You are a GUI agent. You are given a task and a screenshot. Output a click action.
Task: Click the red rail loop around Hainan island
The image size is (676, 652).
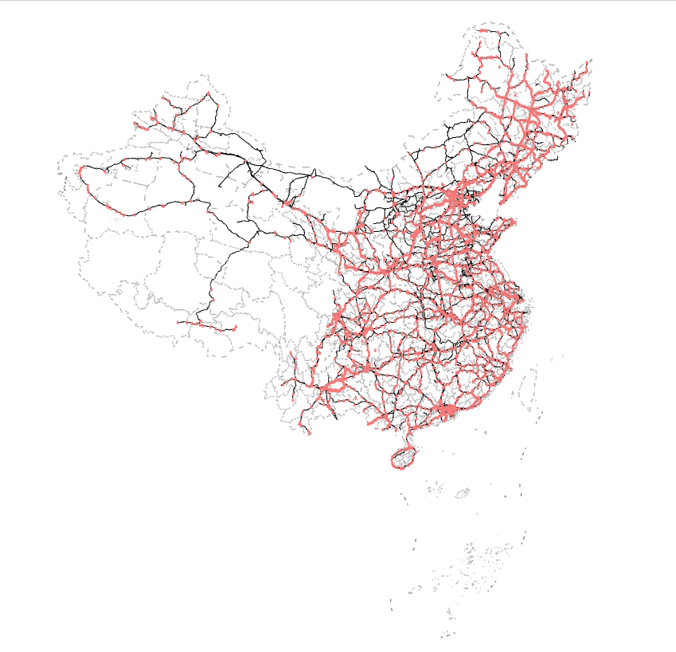[x=404, y=457]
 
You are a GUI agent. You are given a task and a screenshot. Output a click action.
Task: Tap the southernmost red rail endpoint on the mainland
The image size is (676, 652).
[x=309, y=433]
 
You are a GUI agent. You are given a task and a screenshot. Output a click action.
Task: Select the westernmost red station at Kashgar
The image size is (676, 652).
[x=81, y=170]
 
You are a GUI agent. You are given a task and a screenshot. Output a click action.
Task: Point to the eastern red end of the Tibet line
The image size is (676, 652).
[x=236, y=328]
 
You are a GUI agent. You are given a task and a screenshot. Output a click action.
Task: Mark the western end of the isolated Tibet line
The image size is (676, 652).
[x=178, y=322]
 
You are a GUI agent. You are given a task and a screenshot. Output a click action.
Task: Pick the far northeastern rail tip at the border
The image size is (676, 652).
[x=590, y=61]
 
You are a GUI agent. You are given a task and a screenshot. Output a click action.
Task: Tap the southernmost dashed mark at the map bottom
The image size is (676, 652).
[x=446, y=635]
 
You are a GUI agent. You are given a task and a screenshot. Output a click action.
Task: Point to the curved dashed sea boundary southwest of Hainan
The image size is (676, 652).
[x=404, y=498]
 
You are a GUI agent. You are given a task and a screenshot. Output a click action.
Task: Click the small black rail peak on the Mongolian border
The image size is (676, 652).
[x=315, y=170]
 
